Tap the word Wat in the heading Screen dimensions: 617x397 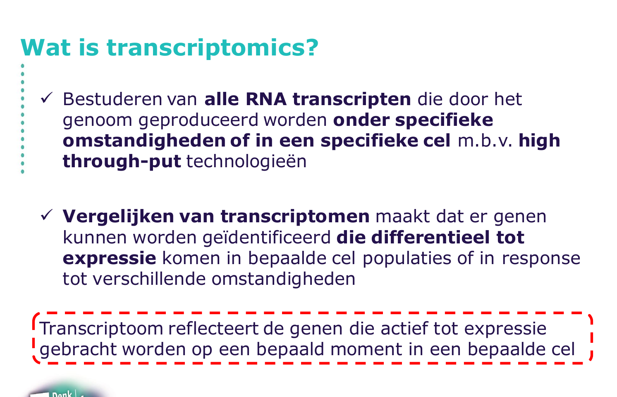coord(46,48)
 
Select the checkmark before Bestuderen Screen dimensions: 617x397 coord(46,98)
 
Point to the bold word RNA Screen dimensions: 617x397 coord(266,99)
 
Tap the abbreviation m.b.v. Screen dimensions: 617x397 coord(485,141)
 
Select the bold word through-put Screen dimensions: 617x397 coord(122,162)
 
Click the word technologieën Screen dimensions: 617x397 coord(246,162)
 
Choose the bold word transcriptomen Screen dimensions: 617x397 coord(295,217)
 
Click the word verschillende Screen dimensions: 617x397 coord(149,279)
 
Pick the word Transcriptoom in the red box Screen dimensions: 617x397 coord(101,329)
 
